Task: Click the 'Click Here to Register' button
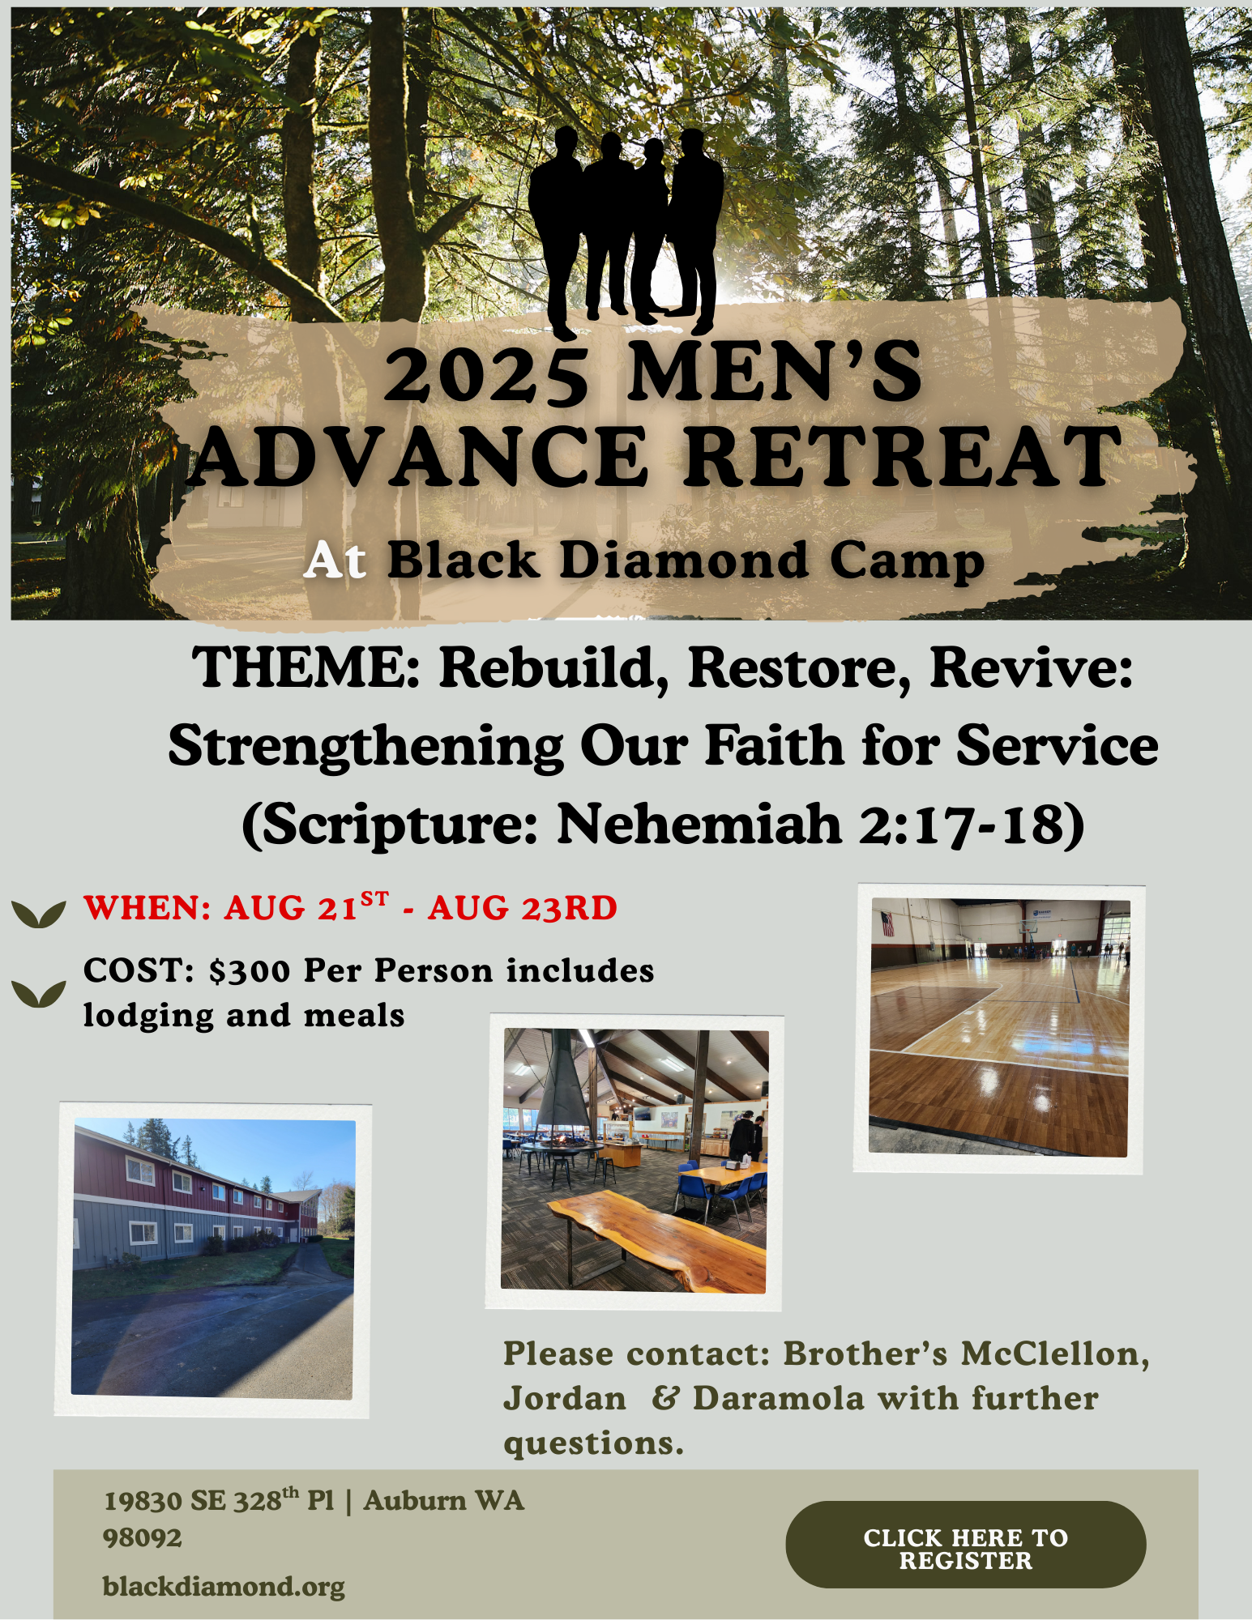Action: [965, 1544]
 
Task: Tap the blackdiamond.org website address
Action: [224, 1586]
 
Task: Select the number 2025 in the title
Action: [486, 373]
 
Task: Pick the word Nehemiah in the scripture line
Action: [699, 824]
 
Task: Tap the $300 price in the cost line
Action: [249, 970]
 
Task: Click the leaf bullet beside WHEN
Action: [39, 914]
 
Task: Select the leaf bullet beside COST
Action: [39, 993]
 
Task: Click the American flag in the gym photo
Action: [887, 923]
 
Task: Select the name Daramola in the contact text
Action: [778, 1399]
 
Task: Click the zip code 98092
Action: [143, 1537]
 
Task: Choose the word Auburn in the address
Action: [414, 1501]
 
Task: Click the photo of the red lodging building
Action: [212, 1260]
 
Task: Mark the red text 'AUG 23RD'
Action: [523, 908]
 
